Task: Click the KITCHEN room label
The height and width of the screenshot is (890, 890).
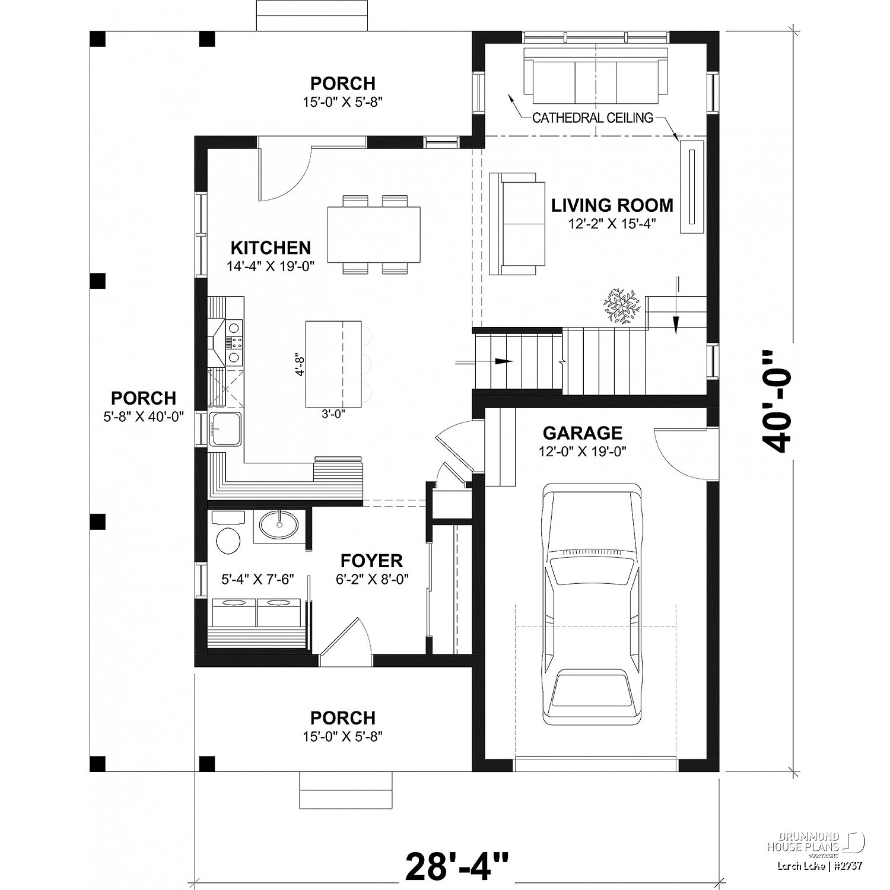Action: coord(271,247)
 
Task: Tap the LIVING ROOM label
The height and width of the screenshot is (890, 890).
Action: coord(612,205)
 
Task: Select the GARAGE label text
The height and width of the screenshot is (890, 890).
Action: coord(583,433)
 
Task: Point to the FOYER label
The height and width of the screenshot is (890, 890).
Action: coord(372,561)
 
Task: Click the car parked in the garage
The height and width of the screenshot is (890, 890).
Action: coord(593,603)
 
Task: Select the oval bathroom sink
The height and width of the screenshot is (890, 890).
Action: coord(279,525)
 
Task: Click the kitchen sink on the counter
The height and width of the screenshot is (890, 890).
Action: coord(225,428)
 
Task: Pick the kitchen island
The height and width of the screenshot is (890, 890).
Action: coord(333,364)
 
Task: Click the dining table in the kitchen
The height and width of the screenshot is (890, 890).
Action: coord(374,234)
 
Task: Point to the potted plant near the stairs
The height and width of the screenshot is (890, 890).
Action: coord(622,306)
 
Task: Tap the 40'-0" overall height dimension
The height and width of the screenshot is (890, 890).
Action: coord(776,401)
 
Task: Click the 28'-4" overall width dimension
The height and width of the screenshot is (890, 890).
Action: coord(457,866)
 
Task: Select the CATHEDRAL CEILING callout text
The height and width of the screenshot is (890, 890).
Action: coord(593,117)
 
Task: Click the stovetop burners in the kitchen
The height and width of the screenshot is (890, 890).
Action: coord(236,342)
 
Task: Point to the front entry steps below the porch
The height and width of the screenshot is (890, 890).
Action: coord(346,790)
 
